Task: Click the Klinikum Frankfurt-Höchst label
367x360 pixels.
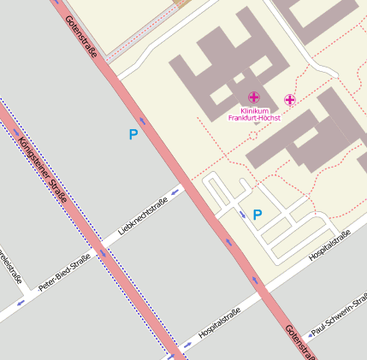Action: tap(254, 115)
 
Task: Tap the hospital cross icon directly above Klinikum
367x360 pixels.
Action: tap(254, 98)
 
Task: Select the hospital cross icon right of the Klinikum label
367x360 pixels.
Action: tap(290, 100)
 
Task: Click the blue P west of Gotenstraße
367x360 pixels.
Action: tap(133, 134)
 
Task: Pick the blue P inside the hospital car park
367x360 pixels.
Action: tap(257, 214)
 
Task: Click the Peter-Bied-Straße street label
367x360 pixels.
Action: tap(64, 271)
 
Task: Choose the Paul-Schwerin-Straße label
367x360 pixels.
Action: tap(339, 316)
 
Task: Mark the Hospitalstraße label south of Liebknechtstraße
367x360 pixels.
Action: tap(219, 320)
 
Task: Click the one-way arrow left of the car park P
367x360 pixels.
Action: tap(242, 214)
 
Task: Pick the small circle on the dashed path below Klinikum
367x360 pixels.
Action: tap(253, 135)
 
